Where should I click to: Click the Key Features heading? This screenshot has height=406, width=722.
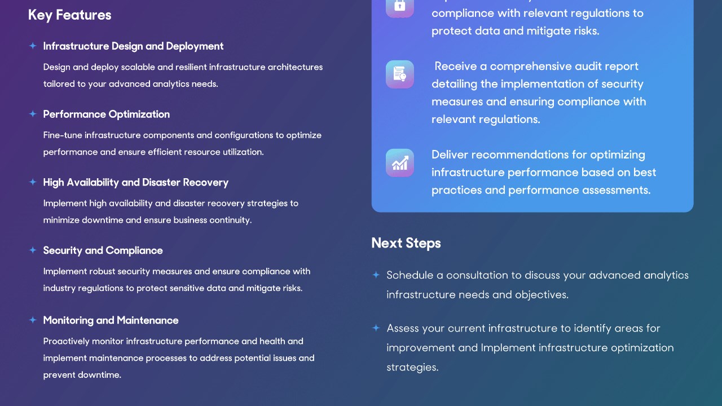click(x=69, y=15)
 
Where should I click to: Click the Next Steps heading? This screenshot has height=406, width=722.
click(x=406, y=243)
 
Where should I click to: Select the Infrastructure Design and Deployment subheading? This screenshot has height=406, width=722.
click(x=133, y=46)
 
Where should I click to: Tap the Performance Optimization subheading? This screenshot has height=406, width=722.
click(x=107, y=114)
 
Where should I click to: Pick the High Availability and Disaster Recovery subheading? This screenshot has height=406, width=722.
click(x=136, y=183)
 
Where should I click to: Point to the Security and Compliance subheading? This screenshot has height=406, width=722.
click(x=103, y=251)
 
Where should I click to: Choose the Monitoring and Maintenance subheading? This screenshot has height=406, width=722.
click(x=111, y=320)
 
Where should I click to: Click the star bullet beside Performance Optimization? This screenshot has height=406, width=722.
click(x=33, y=114)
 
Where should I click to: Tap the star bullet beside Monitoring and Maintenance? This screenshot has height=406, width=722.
click(x=33, y=320)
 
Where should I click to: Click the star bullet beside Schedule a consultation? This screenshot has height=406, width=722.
click(x=376, y=275)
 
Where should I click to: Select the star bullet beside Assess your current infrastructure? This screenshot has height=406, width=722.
click(x=376, y=328)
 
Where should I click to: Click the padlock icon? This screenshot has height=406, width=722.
click(x=400, y=6)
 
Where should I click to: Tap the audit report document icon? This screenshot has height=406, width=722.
click(x=400, y=74)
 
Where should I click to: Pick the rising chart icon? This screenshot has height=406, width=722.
click(x=400, y=163)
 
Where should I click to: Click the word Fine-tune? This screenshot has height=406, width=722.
click(x=63, y=135)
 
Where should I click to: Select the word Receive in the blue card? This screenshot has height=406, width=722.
click(x=455, y=67)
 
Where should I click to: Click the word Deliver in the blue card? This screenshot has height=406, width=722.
click(x=450, y=155)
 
